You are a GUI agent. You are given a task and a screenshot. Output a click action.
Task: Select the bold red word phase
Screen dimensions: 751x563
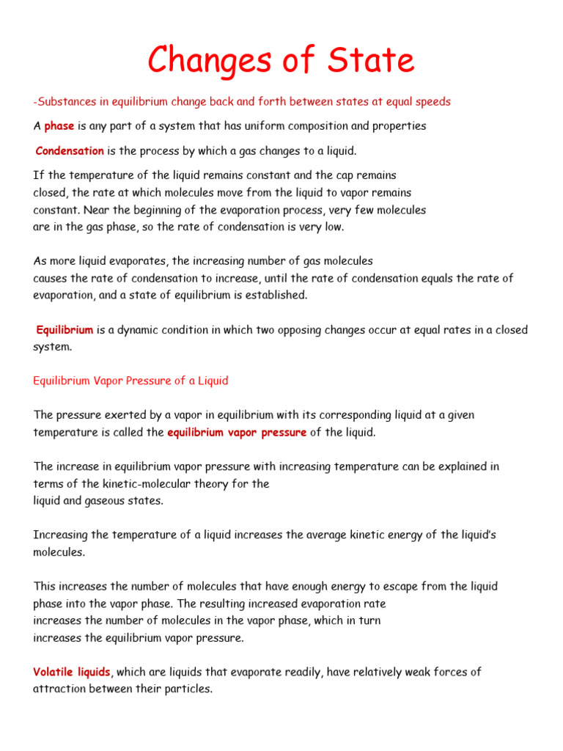pyautogui.click(x=59, y=126)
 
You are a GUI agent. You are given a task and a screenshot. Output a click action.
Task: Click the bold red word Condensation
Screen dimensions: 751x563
pyautogui.click(x=70, y=151)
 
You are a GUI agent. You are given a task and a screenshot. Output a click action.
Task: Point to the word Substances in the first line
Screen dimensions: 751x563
pyautogui.click(x=65, y=102)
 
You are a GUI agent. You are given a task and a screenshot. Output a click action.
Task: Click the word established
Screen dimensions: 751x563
pyautogui.click(x=275, y=295)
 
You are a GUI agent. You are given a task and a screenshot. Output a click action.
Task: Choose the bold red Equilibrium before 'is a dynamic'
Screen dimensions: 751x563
pyautogui.click(x=65, y=330)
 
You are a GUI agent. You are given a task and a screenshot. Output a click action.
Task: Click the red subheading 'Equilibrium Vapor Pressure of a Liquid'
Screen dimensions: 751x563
pyautogui.click(x=130, y=381)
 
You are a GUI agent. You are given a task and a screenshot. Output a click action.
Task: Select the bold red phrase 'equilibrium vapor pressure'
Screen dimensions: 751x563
pyautogui.click(x=237, y=433)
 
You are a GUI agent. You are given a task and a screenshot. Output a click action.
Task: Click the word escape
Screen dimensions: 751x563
pyautogui.click(x=389, y=587)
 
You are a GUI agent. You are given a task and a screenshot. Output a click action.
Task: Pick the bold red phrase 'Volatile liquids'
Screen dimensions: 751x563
pyautogui.click(x=73, y=672)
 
